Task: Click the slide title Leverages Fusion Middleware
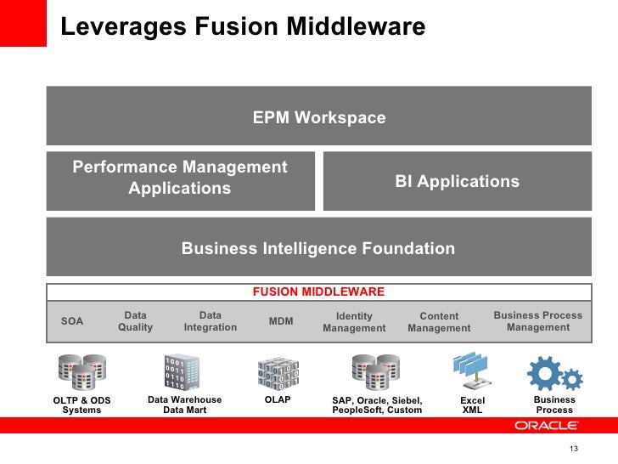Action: coord(243,27)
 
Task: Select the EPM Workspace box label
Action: coord(319,117)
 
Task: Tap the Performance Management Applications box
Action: coord(180,178)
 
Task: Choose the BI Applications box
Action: coord(458,181)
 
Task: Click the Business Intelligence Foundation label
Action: coord(318,249)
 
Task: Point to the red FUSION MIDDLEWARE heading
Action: coord(318,291)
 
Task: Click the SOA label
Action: coord(73,321)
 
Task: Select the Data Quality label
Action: coord(135,321)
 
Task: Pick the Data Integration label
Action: coord(210,321)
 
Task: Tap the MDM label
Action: coord(281,321)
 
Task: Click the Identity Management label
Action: coord(354,322)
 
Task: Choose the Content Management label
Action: coord(439,322)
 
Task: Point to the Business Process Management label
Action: coord(538,321)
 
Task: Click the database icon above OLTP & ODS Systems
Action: coord(82,371)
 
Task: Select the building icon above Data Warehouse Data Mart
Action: coord(183,371)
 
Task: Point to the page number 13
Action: coord(573,450)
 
